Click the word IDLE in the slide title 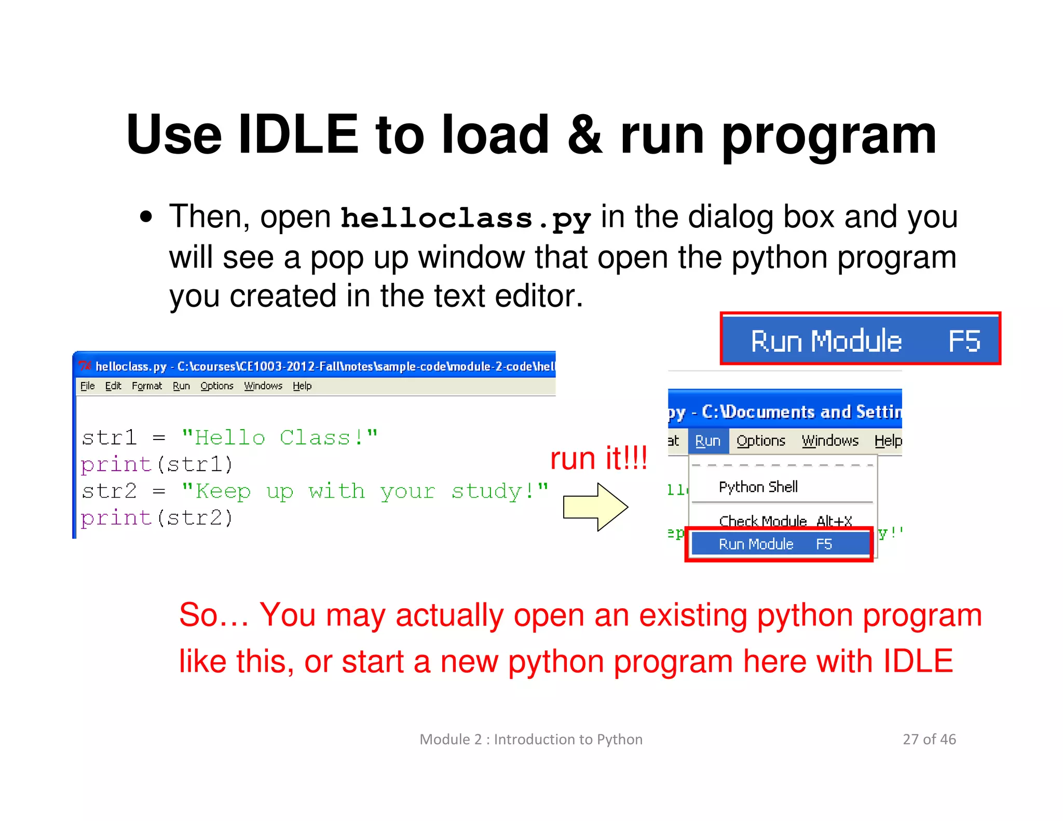click(x=298, y=135)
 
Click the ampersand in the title click(x=584, y=135)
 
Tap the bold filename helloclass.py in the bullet click(x=466, y=218)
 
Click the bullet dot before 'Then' click(x=146, y=217)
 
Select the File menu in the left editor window click(x=87, y=386)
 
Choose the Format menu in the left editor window click(x=147, y=386)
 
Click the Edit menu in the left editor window click(x=113, y=386)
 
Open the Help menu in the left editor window click(x=302, y=386)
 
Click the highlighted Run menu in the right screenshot click(x=708, y=441)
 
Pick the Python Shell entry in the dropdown click(x=758, y=487)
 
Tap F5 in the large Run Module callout click(x=964, y=341)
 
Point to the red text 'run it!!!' click(x=598, y=458)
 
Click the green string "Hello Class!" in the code click(x=279, y=437)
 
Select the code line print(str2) click(x=157, y=518)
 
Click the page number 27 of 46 click(x=929, y=739)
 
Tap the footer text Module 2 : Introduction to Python click(x=531, y=739)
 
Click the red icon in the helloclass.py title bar click(x=85, y=366)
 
